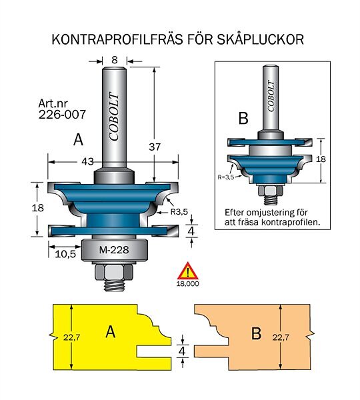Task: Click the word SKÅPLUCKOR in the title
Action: (260, 39)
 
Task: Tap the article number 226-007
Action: (62, 115)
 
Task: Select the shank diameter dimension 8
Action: (115, 60)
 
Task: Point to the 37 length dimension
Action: (155, 147)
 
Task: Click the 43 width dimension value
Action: (87, 161)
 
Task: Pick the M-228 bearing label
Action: (114, 250)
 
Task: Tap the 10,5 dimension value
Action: (65, 254)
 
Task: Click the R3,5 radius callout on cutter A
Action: (179, 211)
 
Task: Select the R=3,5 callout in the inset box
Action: (226, 177)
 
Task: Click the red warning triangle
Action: (188, 271)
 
